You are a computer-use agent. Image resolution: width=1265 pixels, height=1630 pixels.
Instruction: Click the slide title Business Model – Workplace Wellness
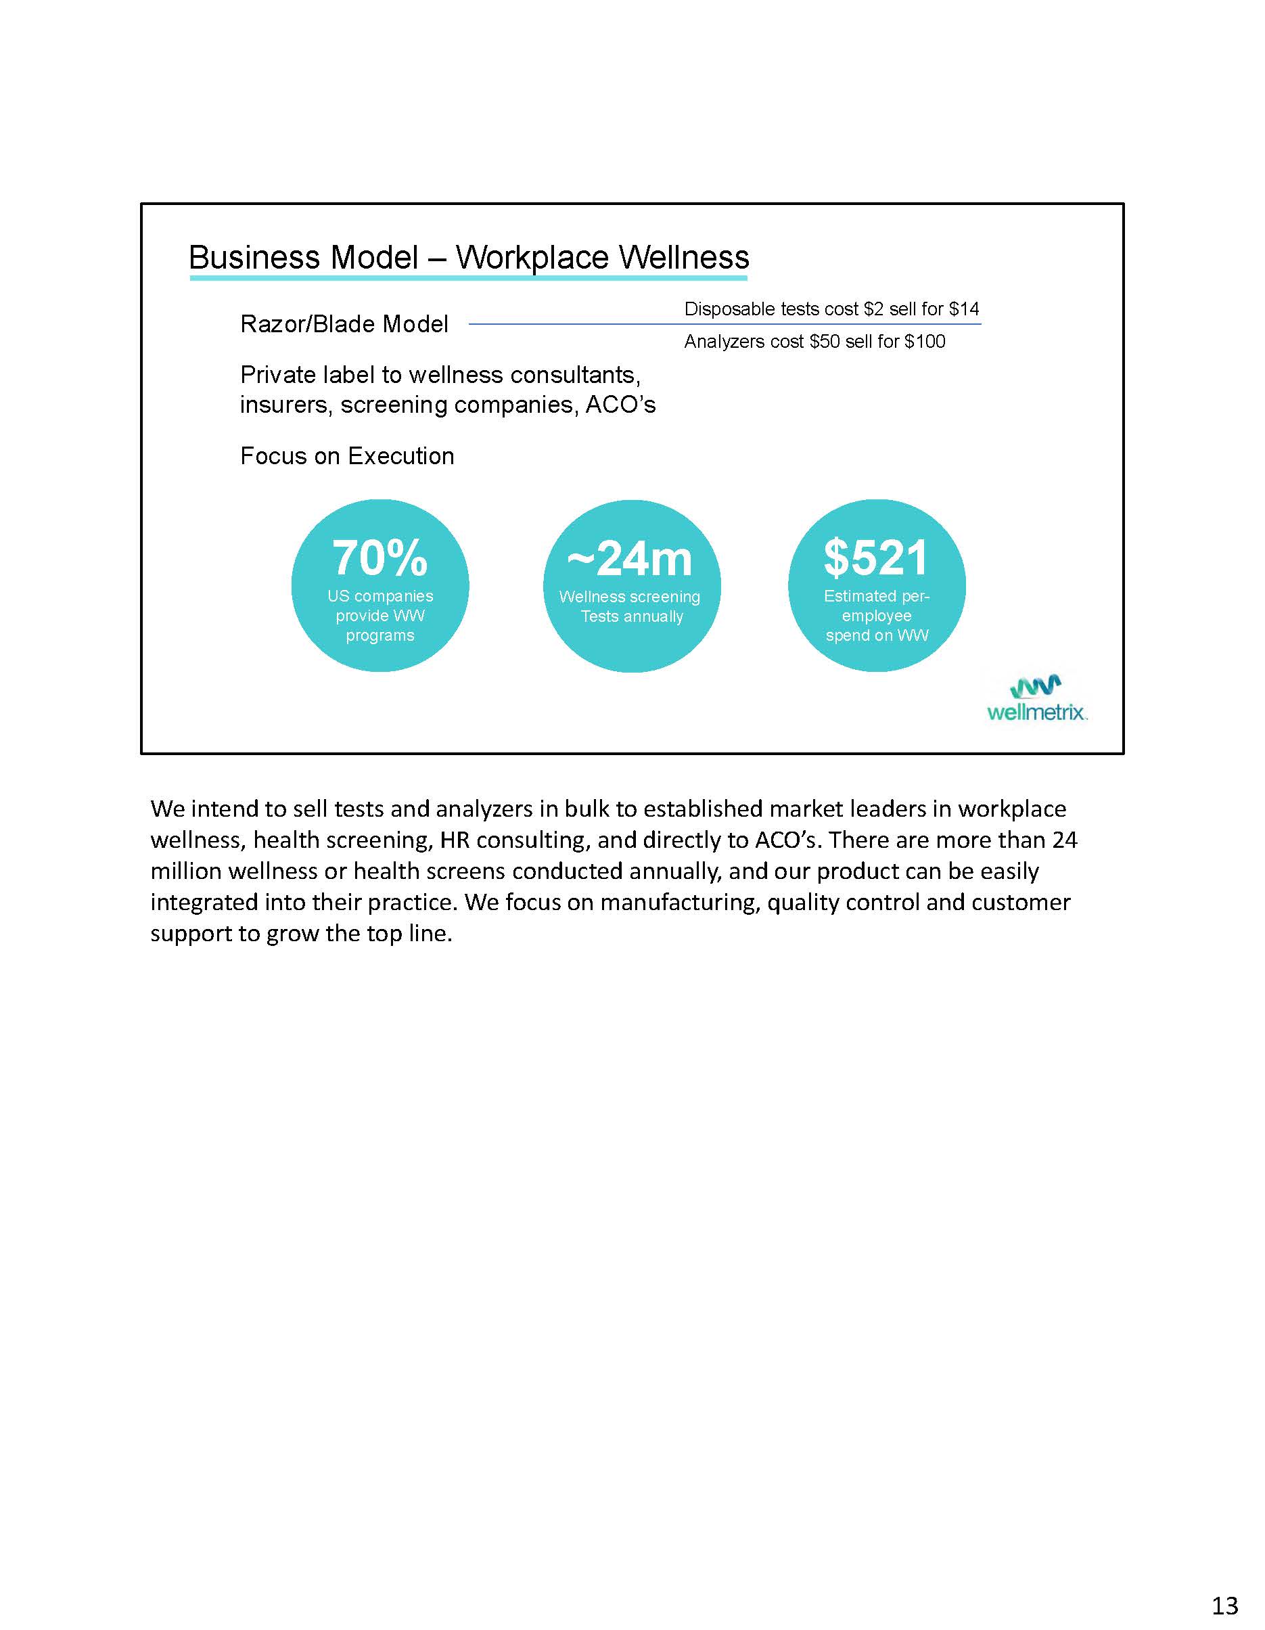point(468,258)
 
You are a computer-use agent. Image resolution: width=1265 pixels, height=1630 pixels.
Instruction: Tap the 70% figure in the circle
point(380,558)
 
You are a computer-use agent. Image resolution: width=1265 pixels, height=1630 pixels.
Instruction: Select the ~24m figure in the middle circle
point(630,558)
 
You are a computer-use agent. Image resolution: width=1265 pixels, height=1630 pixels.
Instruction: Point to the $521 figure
point(876,558)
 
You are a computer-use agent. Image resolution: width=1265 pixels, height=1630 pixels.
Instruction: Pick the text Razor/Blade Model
point(344,324)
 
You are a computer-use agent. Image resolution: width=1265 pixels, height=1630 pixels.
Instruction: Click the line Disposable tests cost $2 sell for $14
point(831,309)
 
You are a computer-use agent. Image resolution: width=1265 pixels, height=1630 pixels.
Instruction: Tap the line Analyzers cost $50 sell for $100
point(814,342)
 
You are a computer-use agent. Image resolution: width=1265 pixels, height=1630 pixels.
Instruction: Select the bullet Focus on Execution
point(347,456)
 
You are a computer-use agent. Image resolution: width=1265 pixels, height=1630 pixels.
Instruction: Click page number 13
point(1224,1604)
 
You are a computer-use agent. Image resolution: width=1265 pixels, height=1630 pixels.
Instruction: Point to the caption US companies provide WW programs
point(380,616)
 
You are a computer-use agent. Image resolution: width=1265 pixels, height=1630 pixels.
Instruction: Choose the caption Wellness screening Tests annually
point(630,607)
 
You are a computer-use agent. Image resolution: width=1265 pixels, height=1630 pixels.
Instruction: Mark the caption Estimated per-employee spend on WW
point(877,616)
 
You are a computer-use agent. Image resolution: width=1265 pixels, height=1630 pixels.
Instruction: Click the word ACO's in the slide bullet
point(620,405)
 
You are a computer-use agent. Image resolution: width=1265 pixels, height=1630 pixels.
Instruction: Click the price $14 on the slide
point(963,309)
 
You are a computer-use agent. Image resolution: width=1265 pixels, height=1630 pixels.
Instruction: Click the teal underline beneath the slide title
point(468,278)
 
